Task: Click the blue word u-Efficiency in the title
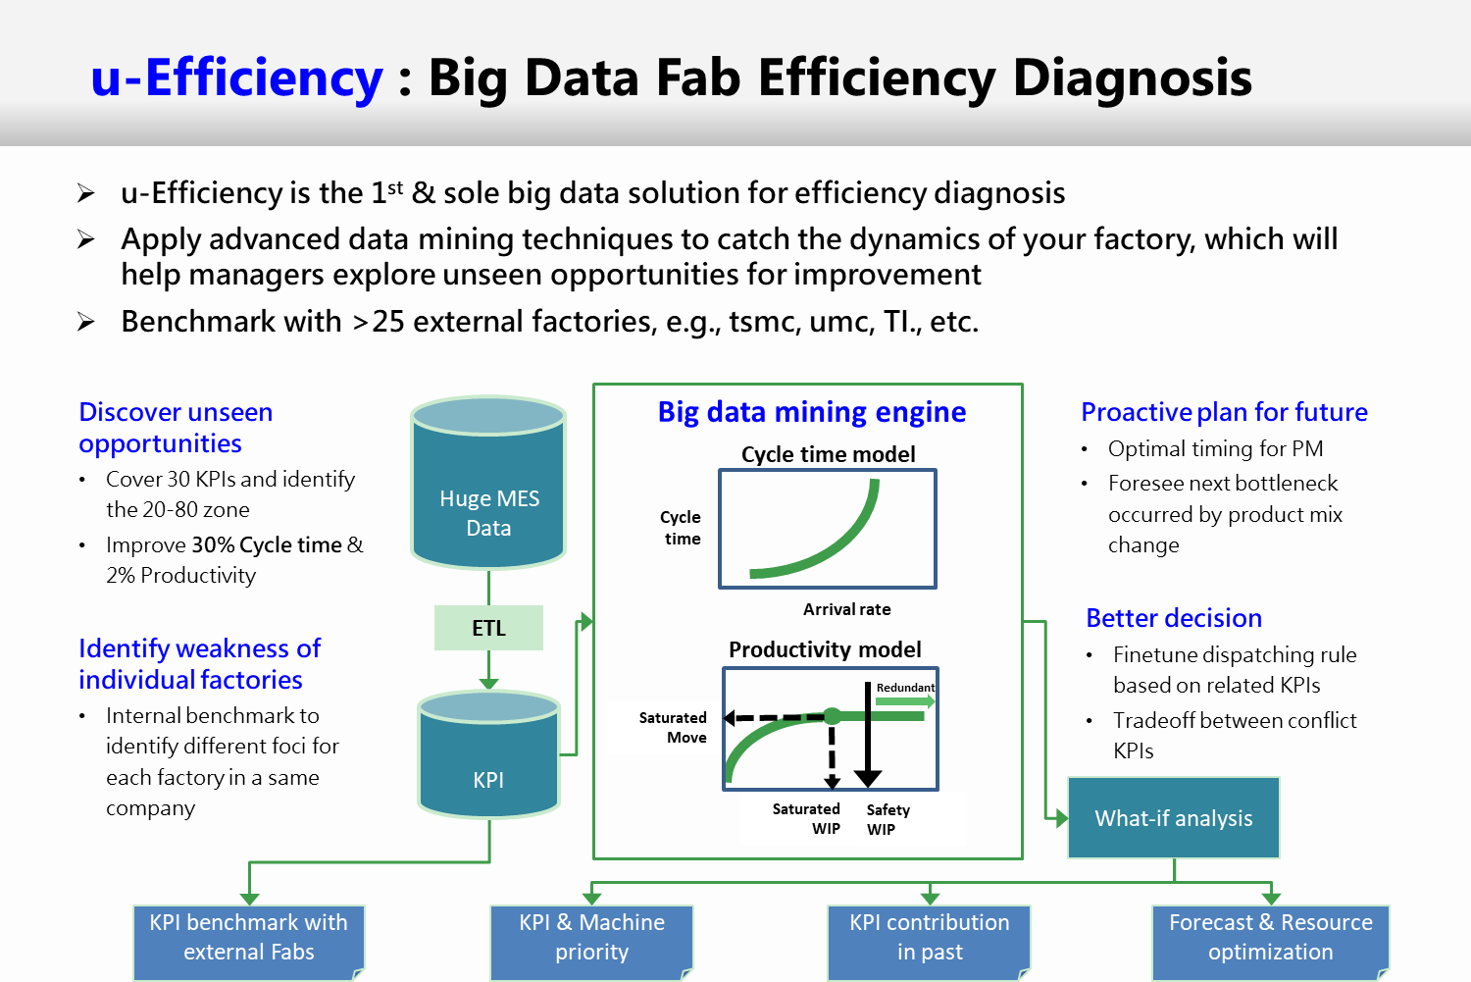(x=237, y=78)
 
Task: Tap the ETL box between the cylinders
(x=488, y=628)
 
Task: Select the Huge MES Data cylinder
(x=488, y=482)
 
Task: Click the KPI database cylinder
(x=488, y=754)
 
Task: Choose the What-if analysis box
(x=1174, y=818)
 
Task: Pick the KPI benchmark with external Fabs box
(x=249, y=943)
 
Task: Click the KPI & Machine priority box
(x=591, y=943)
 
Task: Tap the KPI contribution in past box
(x=930, y=943)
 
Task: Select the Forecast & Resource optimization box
(x=1271, y=943)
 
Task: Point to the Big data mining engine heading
(x=812, y=412)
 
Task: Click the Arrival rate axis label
(x=846, y=609)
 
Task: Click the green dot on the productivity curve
(x=832, y=716)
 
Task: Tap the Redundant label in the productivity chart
(x=905, y=687)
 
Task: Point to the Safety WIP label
(x=888, y=819)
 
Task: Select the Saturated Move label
(x=673, y=727)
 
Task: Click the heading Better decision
(x=1174, y=618)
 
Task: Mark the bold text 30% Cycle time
(x=267, y=545)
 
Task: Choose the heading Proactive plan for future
(x=1224, y=412)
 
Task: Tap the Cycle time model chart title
(x=828, y=454)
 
